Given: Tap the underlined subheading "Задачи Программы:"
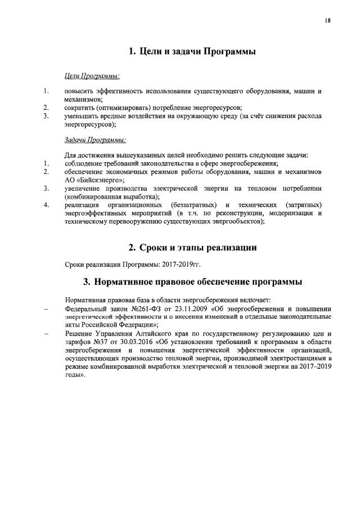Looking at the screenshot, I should [94, 139].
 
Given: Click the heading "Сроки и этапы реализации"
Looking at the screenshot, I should [193, 247].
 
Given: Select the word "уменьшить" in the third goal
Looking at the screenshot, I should [83, 115].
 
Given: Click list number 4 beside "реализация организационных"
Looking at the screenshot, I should [46, 204].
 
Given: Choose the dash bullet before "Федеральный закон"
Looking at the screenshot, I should [46, 309].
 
